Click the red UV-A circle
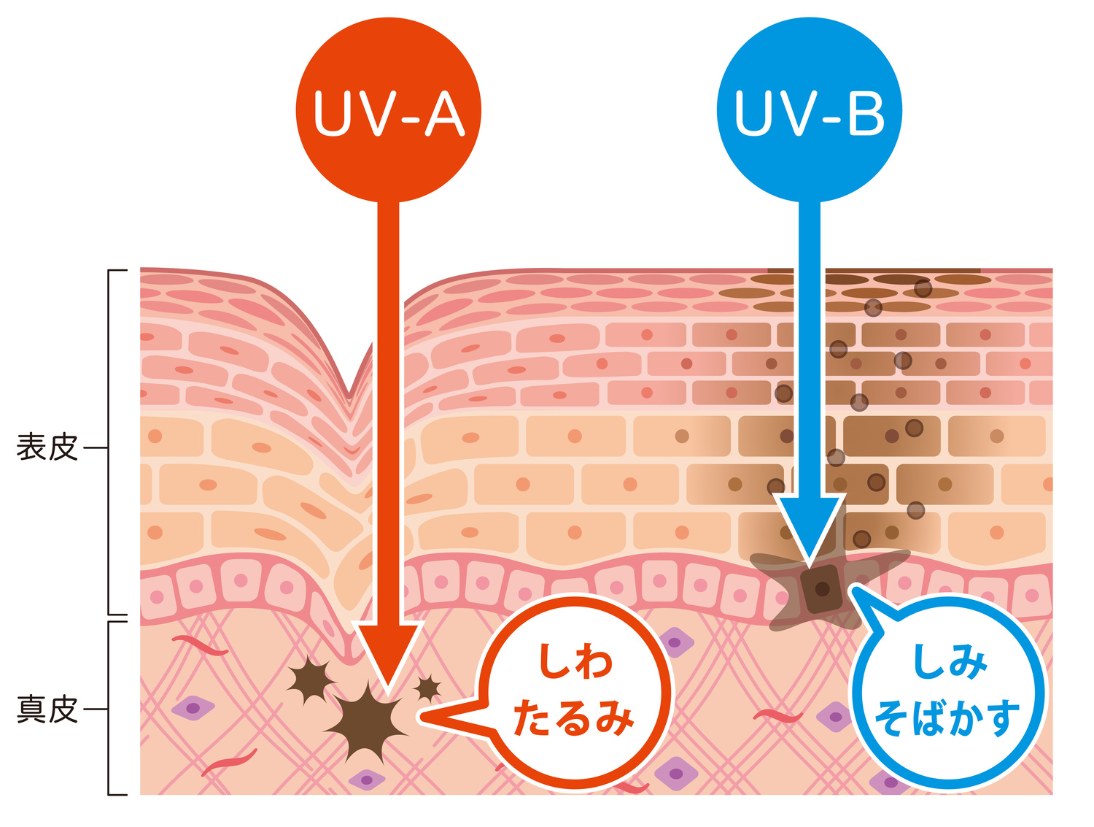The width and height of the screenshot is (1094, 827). coord(388,109)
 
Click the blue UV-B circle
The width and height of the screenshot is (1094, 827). coord(809,109)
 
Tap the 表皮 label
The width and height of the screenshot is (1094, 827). coord(47,447)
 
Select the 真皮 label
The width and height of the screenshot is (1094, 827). coord(47,709)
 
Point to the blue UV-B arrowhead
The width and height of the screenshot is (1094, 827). coord(810,529)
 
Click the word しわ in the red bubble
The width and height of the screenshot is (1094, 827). coord(575,661)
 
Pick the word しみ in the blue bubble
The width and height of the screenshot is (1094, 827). coord(950,661)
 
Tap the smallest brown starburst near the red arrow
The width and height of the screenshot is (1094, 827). coord(427,687)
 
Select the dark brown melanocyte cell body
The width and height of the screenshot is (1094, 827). coord(822,588)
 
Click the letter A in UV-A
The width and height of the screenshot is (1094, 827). coord(444,115)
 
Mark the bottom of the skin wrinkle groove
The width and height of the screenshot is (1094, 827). coord(351,398)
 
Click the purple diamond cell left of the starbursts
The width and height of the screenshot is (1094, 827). coord(193,707)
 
